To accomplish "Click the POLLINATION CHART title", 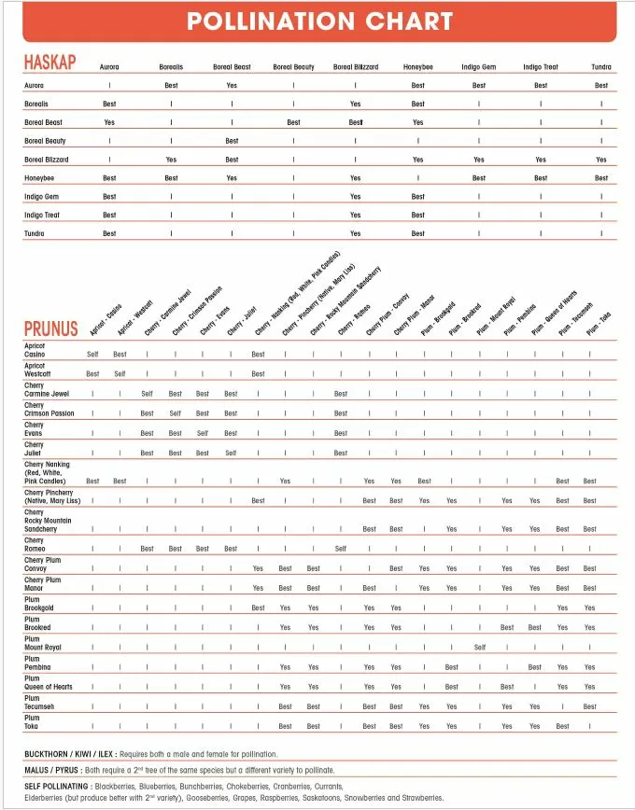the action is tap(319, 21).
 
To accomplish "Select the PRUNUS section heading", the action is tap(50, 328).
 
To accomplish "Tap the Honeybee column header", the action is tap(417, 67).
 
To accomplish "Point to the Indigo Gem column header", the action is tap(479, 67).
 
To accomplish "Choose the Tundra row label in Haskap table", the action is tap(35, 233).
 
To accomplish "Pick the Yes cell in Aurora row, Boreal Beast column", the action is tap(232, 86).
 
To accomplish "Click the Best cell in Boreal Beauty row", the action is tap(232, 141).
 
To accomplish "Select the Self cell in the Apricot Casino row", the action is tap(92, 355).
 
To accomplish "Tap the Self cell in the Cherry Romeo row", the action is tap(341, 549).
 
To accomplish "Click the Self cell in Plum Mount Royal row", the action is tap(479, 647).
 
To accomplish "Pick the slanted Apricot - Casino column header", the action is tap(105, 320).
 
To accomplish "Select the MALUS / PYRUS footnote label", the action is tap(52, 772).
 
